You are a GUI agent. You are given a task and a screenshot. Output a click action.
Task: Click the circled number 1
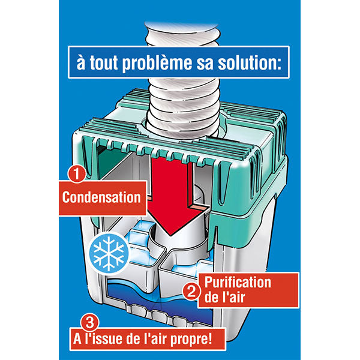[x=74, y=175]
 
